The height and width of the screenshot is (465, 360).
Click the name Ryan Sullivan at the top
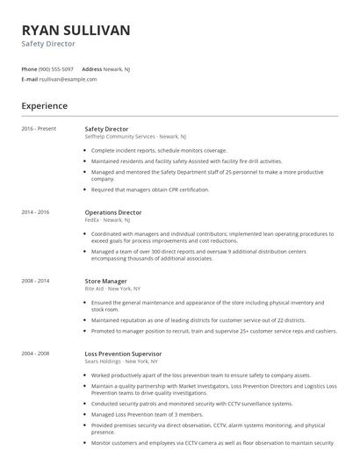[x=76, y=30]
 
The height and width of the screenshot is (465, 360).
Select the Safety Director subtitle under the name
[x=48, y=43]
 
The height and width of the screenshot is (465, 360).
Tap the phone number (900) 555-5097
[x=56, y=68]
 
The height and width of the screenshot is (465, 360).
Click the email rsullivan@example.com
[x=68, y=79]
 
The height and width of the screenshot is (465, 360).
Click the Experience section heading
[x=44, y=106]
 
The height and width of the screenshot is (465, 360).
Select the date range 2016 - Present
[x=39, y=129]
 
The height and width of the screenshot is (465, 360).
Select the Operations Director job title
[x=113, y=212]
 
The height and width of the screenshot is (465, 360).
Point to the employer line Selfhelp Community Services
[x=119, y=137]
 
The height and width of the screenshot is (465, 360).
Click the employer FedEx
[x=92, y=220]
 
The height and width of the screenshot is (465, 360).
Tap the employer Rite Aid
[x=95, y=289]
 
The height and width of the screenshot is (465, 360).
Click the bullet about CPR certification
[x=150, y=190]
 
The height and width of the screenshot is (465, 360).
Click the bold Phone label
[x=29, y=68]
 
